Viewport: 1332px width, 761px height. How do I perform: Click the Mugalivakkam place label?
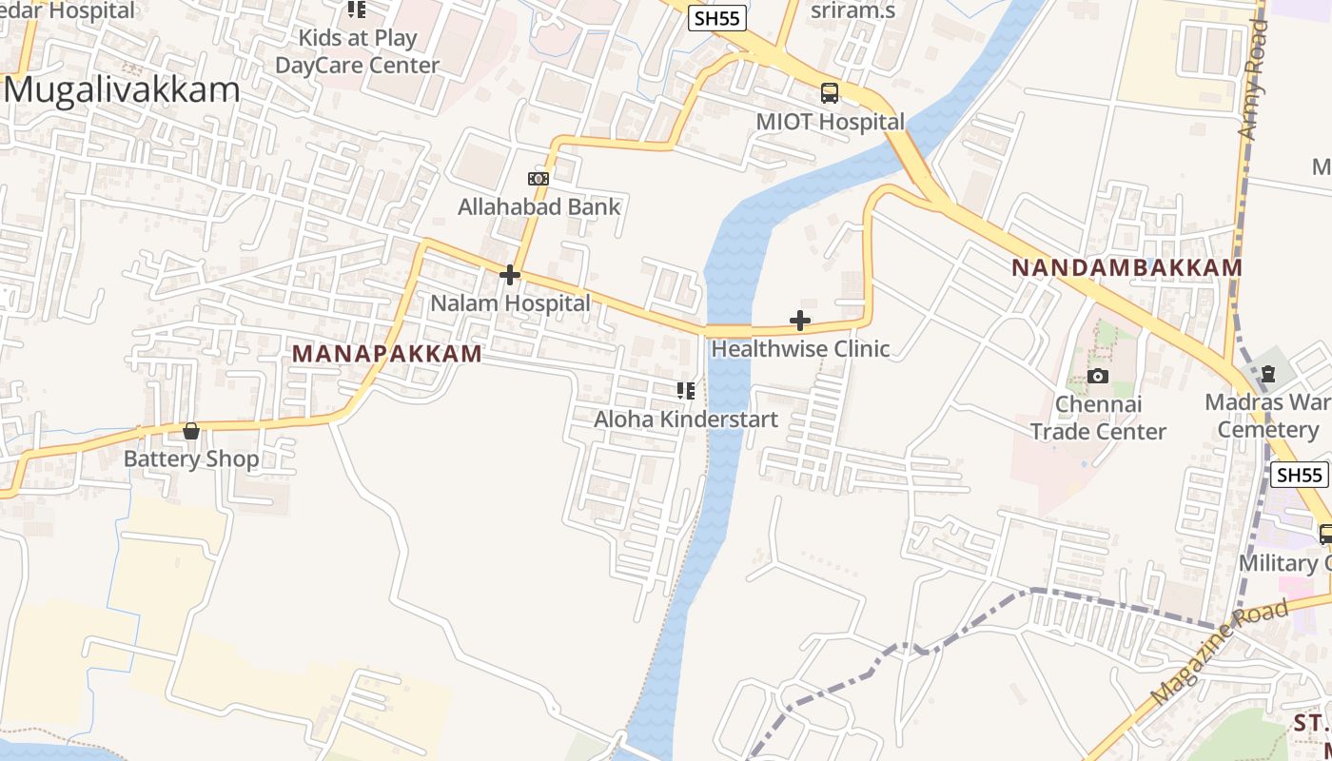[124, 90]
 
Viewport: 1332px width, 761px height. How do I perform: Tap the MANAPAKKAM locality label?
[387, 354]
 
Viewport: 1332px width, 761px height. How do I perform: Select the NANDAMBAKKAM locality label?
[1127, 267]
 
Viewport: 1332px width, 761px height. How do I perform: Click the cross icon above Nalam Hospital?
[510, 275]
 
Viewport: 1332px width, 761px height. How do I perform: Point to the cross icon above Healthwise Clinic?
[800, 321]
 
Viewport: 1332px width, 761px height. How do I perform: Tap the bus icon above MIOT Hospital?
[830, 93]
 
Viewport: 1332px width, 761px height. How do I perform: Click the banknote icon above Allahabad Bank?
[539, 179]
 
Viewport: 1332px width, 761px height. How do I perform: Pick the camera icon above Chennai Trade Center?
[1098, 376]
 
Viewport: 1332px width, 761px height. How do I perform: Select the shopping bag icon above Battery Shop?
[191, 431]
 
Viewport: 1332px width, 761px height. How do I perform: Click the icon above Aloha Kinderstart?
[685, 390]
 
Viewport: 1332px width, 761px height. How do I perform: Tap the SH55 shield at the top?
[717, 18]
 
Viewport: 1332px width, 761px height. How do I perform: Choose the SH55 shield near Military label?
[1299, 475]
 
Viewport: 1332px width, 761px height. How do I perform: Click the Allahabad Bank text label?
[539, 206]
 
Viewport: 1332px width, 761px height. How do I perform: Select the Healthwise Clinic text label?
[800, 348]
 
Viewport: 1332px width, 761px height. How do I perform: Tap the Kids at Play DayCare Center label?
[358, 51]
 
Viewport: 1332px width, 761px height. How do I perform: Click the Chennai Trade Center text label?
[1098, 418]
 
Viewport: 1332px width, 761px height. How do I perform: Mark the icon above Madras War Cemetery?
[1267, 375]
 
